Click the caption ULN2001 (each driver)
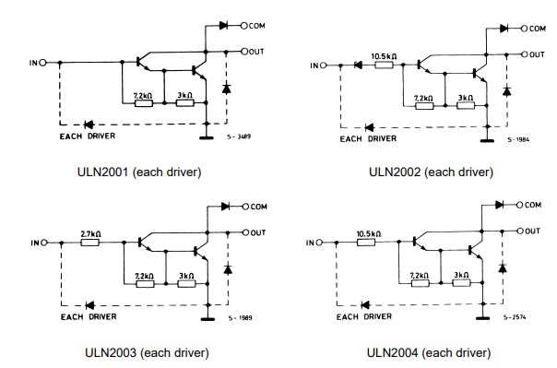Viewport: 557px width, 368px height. pyautogui.click(x=139, y=172)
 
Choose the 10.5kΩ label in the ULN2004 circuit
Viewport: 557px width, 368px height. pyautogui.click(x=370, y=234)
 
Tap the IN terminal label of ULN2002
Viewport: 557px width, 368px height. pyautogui.click(x=317, y=65)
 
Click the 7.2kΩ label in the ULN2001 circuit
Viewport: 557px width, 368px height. pyautogui.click(x=143, y=95)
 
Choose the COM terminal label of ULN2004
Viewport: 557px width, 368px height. pyautogui.click(x=533, y=205)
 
